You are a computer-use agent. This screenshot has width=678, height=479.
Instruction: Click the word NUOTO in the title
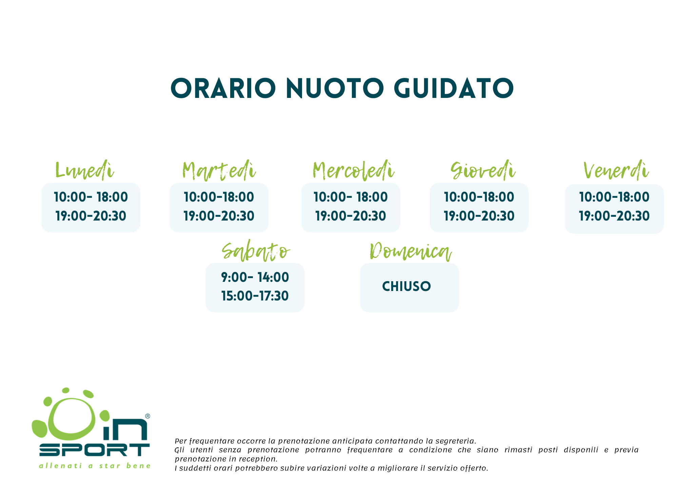[335, 88]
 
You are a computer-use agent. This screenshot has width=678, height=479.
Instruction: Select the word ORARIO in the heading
[223, 88]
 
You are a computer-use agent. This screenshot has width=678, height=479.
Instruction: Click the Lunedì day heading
[84, 170]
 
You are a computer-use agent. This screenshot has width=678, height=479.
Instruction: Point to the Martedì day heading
[219, 170]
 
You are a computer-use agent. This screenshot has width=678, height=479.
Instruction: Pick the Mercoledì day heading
[354, 170]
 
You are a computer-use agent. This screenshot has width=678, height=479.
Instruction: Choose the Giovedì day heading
[483, 170]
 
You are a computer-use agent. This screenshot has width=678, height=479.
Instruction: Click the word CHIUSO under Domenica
[406, 287]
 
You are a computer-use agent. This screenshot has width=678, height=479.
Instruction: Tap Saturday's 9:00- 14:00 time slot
[255, 277]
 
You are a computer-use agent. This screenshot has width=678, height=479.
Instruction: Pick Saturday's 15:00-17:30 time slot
[255, 296]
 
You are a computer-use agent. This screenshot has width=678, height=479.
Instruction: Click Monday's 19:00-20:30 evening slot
[91, 216]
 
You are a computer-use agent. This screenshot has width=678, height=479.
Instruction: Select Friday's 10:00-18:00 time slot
[614, 197]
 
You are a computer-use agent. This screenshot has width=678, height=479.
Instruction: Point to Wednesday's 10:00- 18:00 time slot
[351, 197]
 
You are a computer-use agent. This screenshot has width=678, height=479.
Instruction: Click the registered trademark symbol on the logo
[147, 416]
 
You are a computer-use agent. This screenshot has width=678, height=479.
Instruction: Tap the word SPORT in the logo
[94, 450]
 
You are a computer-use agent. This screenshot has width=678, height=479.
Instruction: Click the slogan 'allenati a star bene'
[95, 466]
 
